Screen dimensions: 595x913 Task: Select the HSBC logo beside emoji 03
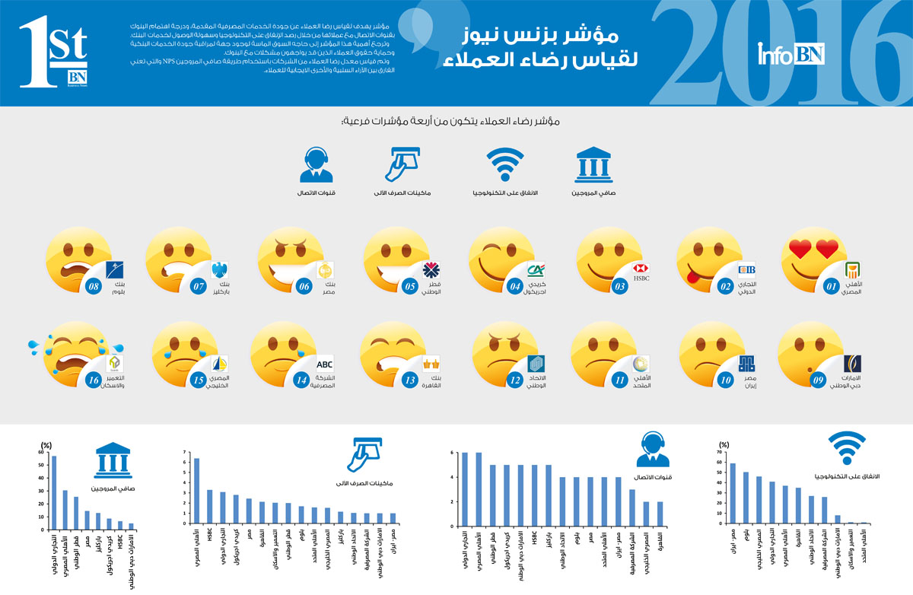pos(640,269)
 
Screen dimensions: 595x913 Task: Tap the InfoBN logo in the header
pos(791,54)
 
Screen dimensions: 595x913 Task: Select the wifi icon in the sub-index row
pos(506,167)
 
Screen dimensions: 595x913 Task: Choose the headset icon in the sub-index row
pos(317,165)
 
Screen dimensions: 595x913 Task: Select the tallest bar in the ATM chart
pos(196,491)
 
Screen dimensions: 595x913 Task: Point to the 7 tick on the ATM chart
pos(185,452)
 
